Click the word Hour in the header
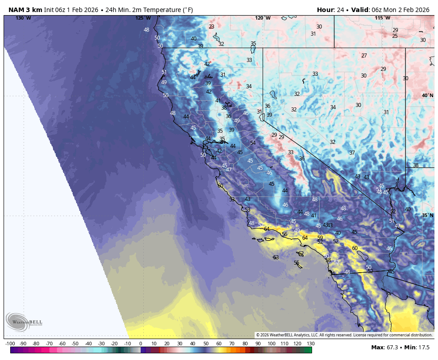(x=325, y=10)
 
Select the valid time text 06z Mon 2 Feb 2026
(x=399, y=10)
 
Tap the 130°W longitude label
(x=23, y=18)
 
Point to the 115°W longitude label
(x=382, y=18)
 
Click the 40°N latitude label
(x=428, y=95)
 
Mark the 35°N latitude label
(x=428, y=215)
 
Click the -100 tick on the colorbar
(x=10, y=344)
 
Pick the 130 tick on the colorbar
(x=311, y=344)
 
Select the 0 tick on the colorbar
(x=141, y=344)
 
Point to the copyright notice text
(x=344, y=335)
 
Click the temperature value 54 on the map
(x=253, y=143)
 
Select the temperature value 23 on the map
(x=211, y=27)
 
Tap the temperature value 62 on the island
(x=301, y=254)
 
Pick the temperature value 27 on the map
(x=364, y=56)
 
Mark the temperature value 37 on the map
(x=352, y=153)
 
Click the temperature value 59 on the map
(x=320, y=238)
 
